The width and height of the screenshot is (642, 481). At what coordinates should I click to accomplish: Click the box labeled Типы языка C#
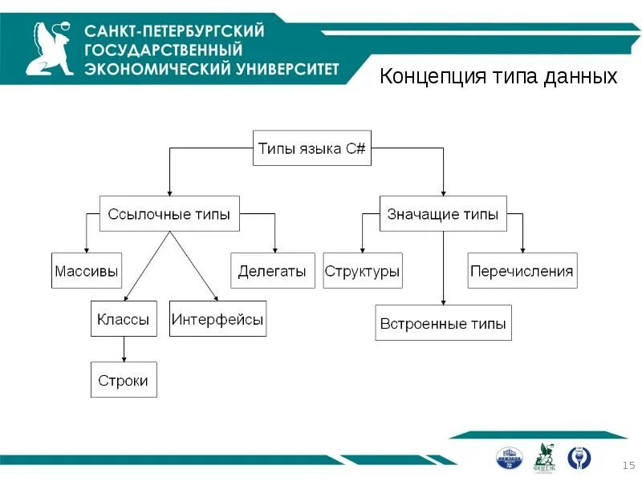tap(312, 148)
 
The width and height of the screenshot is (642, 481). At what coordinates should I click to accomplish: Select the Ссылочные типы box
tap(169, 214)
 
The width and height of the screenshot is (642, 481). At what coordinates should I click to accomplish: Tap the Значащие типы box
tap(443, 214)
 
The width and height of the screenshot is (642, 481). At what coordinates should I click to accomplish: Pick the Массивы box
tap(87, 271)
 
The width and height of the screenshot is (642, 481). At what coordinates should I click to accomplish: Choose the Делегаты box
tap(272, 271)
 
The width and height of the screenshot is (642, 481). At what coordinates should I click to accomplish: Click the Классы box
tap(123, 320)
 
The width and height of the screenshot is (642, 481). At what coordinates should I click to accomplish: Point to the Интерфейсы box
tap(217, 320)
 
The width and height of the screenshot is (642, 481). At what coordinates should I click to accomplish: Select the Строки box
tap(123, 380)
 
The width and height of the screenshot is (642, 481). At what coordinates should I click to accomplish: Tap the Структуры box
tap(362, 271)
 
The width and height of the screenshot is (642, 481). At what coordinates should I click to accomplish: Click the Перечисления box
tap(522, 271)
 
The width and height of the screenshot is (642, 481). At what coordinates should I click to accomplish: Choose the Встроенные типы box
tap(443, 324)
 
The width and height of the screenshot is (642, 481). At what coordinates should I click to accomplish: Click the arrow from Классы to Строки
tap(123, 350)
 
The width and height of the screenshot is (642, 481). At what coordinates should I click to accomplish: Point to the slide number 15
tap(628, 466)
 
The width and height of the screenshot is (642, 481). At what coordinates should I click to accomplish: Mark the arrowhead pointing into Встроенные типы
tap(443, 302)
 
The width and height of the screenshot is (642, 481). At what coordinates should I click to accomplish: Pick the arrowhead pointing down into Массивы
tap(87, 249)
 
